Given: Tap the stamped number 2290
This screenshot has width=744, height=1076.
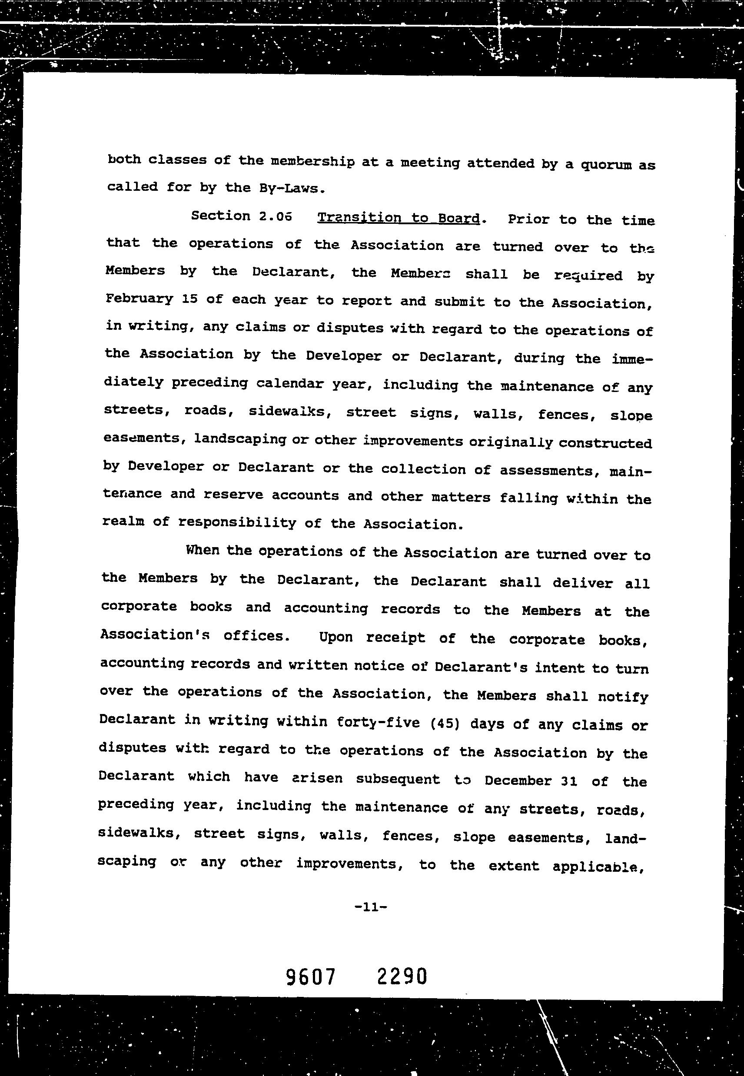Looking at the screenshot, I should tap(402, 976).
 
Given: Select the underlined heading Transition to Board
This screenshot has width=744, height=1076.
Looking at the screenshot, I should tap(398, 218).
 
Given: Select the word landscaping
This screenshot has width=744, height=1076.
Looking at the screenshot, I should tap(240, 439).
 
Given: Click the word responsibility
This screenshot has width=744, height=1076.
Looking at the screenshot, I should tap(237, 523).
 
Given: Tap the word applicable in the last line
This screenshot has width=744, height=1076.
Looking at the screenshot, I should tap(595, 867).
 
